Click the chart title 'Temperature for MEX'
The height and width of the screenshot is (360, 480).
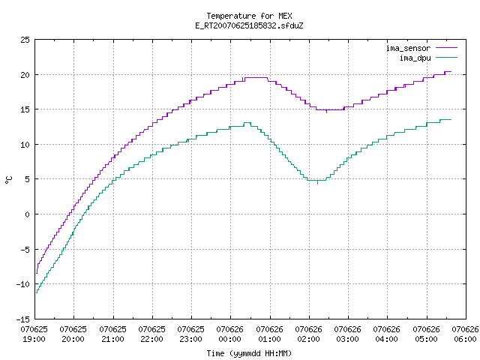click(249, 16)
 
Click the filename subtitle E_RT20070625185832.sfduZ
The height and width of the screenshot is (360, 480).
click(249, 25)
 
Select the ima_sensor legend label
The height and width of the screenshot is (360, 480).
click(408, 48)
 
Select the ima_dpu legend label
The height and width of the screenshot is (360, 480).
click(415, 58)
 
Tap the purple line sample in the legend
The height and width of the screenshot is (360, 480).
click(446, 48)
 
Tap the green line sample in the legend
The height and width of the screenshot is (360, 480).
click(446, 57)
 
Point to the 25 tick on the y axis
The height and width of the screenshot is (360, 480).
click(25, 40)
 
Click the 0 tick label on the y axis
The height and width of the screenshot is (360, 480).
click(27, 214)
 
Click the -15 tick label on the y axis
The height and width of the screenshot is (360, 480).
click(23, 319)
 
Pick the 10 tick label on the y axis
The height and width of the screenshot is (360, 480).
click(25, 145)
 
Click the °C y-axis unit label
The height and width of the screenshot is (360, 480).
click(8, 180)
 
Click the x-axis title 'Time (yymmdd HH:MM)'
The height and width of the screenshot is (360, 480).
click(249, 353)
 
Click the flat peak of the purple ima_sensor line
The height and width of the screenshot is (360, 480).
click(256, 78)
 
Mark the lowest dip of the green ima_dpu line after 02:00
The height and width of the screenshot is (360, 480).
click(316, 180)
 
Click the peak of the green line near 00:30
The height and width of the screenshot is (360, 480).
click(247, 123)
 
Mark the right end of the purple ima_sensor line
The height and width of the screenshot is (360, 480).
click(451, 72)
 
